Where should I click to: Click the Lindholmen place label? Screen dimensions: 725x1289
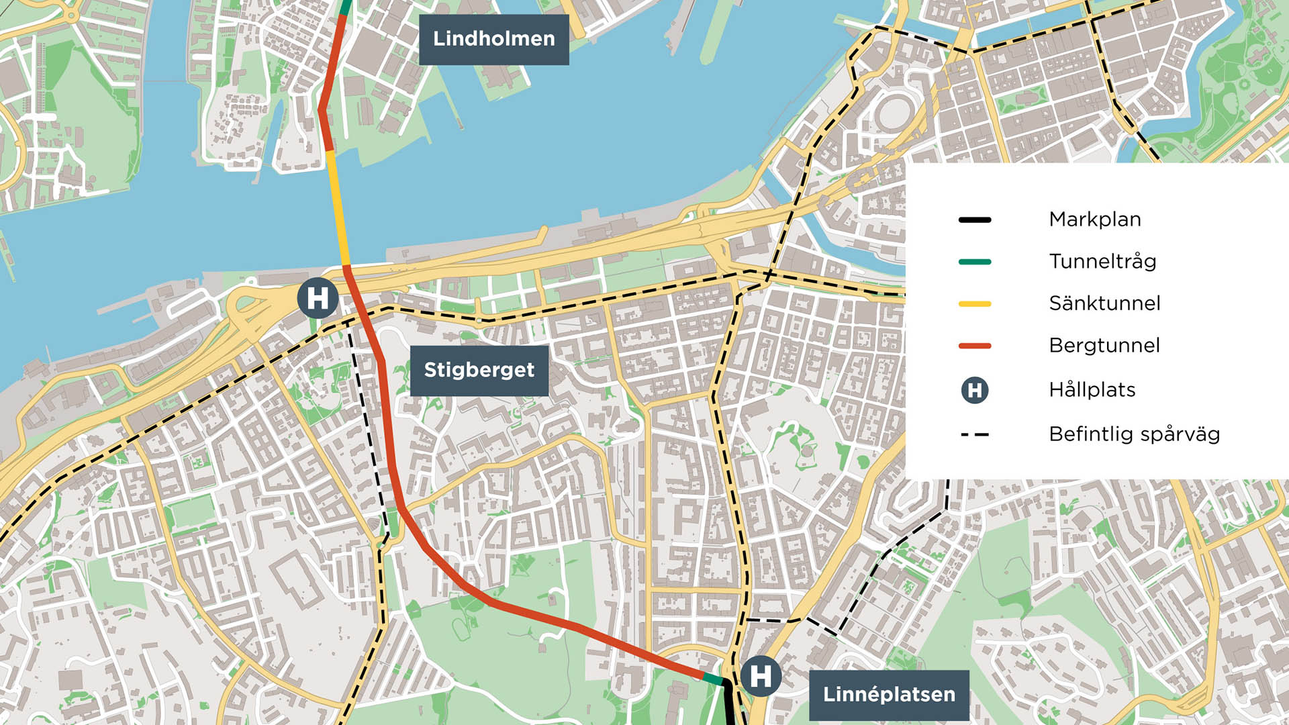coord(493,39)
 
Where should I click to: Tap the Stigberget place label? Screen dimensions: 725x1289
coord(479,370)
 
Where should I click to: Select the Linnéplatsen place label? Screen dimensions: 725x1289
coord(888,695)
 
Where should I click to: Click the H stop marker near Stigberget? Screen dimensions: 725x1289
coord(318,298)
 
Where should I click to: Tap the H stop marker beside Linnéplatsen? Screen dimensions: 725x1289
coord(760,676)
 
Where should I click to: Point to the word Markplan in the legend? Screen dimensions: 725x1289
coord(1094,220)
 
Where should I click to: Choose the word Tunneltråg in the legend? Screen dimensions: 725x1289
coord(1102,261)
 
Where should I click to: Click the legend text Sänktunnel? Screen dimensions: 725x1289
coord(1104,303)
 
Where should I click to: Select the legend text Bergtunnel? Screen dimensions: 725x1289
coord(1104,346)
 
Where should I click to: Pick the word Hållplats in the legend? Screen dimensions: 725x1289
coord(1092,390)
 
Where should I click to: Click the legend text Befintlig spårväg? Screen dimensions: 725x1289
coord(1134,434)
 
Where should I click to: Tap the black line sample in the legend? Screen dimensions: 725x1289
coord(975,220)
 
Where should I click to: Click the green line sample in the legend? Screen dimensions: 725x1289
coord(975,262)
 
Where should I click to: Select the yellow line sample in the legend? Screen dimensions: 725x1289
coord(975,304)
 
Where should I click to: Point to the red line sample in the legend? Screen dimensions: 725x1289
coord(975,346)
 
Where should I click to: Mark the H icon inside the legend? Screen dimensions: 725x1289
coord(975,390)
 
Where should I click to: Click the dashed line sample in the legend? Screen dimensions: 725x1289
coord(975,435)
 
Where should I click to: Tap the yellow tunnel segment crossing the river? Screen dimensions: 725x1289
coord(338,208)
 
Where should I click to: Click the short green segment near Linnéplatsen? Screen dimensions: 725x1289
coord(713,679)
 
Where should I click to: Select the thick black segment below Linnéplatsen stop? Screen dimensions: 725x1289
coord(728,705)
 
